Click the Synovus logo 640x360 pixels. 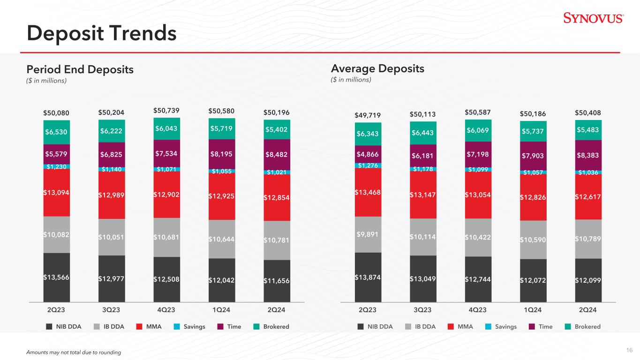coord(593,18)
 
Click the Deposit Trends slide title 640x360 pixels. coord(102,33)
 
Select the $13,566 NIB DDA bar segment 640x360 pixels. coord(56,277)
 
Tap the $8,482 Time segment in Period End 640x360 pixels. coord(277,154)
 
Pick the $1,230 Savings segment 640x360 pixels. coord(56,166)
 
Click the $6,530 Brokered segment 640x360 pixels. coord(56,132)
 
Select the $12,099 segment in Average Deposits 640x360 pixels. coord(588,280)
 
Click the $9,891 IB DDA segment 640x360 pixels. coord(368,234)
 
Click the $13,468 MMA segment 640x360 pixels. coord(368,192)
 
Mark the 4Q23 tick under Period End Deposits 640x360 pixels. coord(166,310)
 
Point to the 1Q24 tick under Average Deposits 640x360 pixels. coord(533,310)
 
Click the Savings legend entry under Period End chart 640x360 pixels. coord(189,327)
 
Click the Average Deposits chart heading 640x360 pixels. coord(377,69)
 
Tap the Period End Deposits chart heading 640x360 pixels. coord(80,69)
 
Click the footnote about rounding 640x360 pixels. coord(74,352)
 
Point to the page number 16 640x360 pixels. coord(629,350)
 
